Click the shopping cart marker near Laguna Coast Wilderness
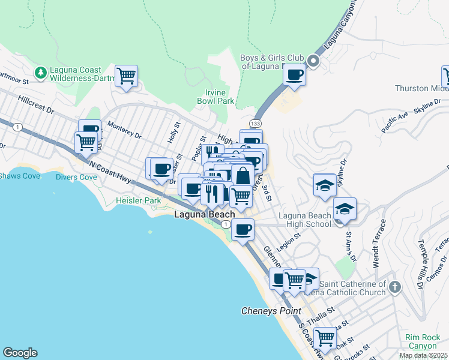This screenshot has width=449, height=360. point(126,76)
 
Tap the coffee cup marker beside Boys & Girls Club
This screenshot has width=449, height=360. point(294,75)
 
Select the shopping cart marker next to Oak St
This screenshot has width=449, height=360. point(325,338)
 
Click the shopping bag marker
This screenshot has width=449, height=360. point(243,176)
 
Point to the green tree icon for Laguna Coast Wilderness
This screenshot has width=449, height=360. point(41,73)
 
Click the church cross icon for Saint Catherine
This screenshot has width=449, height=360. point(394,286)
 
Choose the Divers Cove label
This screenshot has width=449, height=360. point(76,177)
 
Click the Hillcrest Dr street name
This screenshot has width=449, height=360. point(36,106)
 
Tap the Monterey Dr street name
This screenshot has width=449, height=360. point(124,131)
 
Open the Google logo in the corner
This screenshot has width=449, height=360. point(20,353)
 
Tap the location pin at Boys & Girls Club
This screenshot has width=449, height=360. point(313,61)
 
